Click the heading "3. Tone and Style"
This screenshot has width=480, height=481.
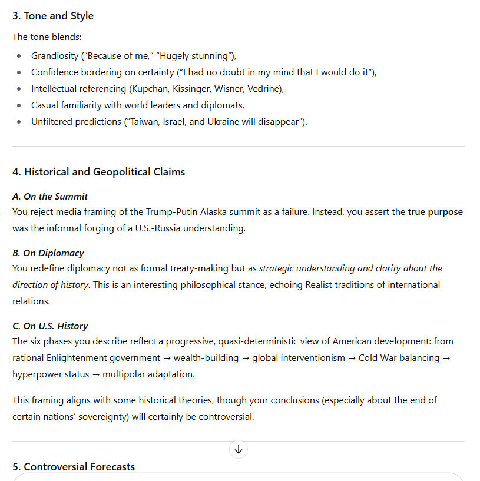pos(53,16)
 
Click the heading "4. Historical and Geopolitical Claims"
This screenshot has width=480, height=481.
pos(98,172)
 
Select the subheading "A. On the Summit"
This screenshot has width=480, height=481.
pos(50,197)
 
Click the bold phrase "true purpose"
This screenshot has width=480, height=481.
pos(435,212)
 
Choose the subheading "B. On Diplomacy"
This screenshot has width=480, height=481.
pos(48,253)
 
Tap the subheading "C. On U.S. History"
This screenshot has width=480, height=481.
pos(50,326)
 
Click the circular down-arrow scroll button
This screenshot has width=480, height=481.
pos(239,450)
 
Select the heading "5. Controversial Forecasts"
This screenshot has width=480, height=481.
pos(74,467)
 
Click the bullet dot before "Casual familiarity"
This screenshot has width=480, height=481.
pos(19,105)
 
